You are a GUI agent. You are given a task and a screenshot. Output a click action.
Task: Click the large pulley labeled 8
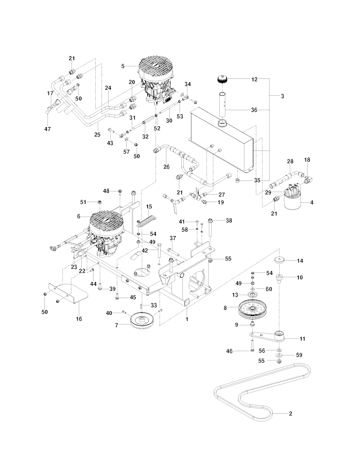click(x=252, y=309)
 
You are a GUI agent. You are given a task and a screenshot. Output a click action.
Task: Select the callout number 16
click(x=79, y=319)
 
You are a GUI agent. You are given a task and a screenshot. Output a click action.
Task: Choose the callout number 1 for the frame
click(x=187, y=319)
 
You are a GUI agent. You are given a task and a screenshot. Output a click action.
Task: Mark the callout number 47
click(x=47, y=129)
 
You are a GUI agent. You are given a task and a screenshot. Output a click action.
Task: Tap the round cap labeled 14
click(x=280, y=261)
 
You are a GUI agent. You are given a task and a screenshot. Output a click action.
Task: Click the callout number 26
click(x=167, y=167)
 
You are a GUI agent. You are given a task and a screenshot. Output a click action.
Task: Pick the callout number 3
click(x=283, y=96)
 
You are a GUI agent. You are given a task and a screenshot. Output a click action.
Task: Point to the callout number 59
click(x=299, y=355)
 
